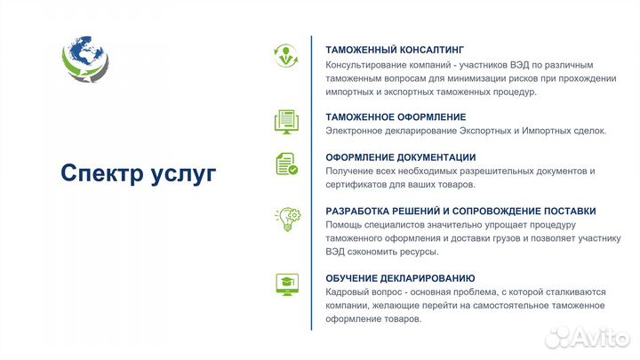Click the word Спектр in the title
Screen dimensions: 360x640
click(x=101, y=173)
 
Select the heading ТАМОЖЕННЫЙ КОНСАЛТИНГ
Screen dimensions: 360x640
click(x=395, y=51)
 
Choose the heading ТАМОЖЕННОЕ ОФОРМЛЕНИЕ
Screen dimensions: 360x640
click(x=396, y=117)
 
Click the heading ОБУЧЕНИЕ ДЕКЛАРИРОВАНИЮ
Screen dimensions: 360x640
click(x=400, y=278)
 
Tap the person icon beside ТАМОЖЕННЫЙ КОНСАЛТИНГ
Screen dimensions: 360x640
click(x=286, y=55)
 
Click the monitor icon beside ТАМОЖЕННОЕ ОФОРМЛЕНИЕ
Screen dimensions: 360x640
click(x=286, y=121)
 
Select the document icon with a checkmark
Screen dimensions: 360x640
click(x=286, y=164)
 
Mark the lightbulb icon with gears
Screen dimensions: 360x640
click(x=286, y=219)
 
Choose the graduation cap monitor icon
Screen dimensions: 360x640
click(x=286, y=284)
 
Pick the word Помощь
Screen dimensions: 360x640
click(x=344, y=225)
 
